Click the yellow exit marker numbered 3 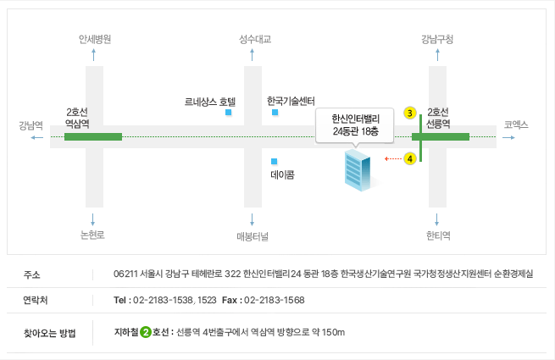pyautogui.click(x=410, y=113)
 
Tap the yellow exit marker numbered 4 pyautogui.click(x=410, y=158)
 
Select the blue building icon pyautogui.click(x=358, y=170)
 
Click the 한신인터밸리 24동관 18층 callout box pyautogui.click(x=355, y=125)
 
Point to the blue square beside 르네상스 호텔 pyautogui.click(x=228, y=113)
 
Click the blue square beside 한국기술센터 pyautogui.click(x=275, y=113)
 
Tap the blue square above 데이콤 pyautogui.click(x=274, y=162)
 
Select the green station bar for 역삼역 pyautogui.click(x=93, y=136)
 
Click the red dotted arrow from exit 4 pyautogui.click(x=393, y=158)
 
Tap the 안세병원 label pyautogui.click(x=95, y=39)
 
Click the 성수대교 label pyautogui.click(x=255, y=39)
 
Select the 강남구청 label pyautogui.click(x=437, y=39)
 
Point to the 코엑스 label pyautogui.click(x=516, y=125)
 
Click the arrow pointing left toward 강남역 pyautogui.click(x=36, y=137)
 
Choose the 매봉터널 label pyautogui.click(x=253, y=236)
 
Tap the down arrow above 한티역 pyautogui.click(x=436, y=219)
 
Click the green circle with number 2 pyautogui.click(x=146, y=332)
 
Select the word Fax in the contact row pyautogui.click(x=230, y=300)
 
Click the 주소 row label pyautogui.click(x=32, y=274)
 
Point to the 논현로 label pyautogui.click(x=92, y=235)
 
